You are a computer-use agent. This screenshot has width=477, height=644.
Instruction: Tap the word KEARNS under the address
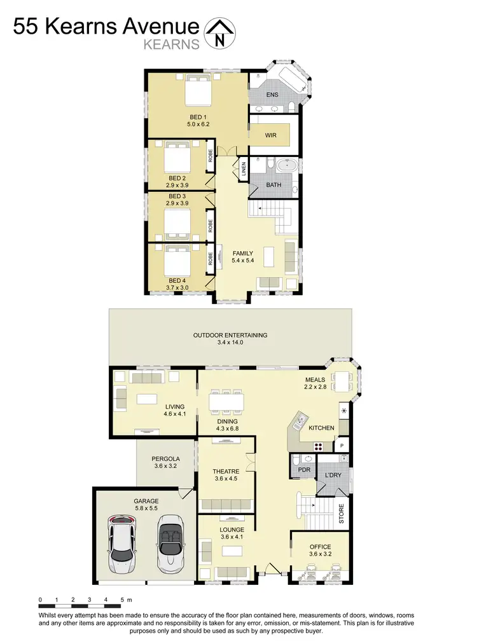172,45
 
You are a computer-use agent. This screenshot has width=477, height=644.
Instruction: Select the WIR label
270,135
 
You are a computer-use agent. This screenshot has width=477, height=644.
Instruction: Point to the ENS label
272,95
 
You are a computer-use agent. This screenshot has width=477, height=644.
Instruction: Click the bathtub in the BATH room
284,165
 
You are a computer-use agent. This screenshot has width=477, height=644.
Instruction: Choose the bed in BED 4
177,261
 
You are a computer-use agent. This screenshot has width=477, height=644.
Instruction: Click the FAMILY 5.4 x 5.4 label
242,257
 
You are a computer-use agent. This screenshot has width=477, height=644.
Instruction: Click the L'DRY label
333,476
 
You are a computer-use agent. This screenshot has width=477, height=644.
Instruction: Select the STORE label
342,513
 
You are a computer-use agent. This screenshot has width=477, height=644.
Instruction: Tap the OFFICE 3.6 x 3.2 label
321,551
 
